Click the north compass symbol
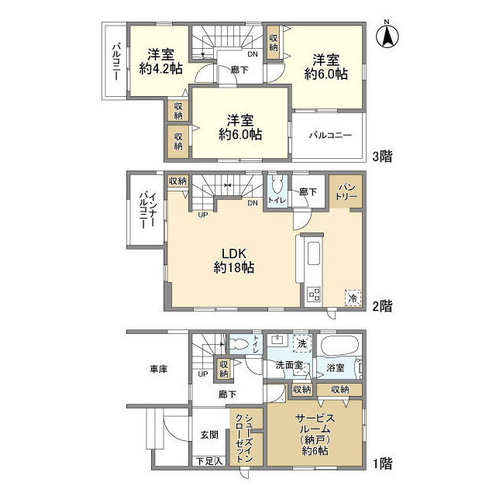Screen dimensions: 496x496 pos(388,36)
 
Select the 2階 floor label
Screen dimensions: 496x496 pos(381,307)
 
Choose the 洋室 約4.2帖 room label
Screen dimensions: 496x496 pos(160,61)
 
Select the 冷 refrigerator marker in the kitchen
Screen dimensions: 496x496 pos(353,295)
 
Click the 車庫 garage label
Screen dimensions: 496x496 pos(157,370)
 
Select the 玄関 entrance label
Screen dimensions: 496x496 pos(209,436)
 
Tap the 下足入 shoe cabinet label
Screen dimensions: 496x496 pos(208,461)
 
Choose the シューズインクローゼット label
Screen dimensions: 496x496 pos(244,437)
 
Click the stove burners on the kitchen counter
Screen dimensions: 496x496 pos(313,294)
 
